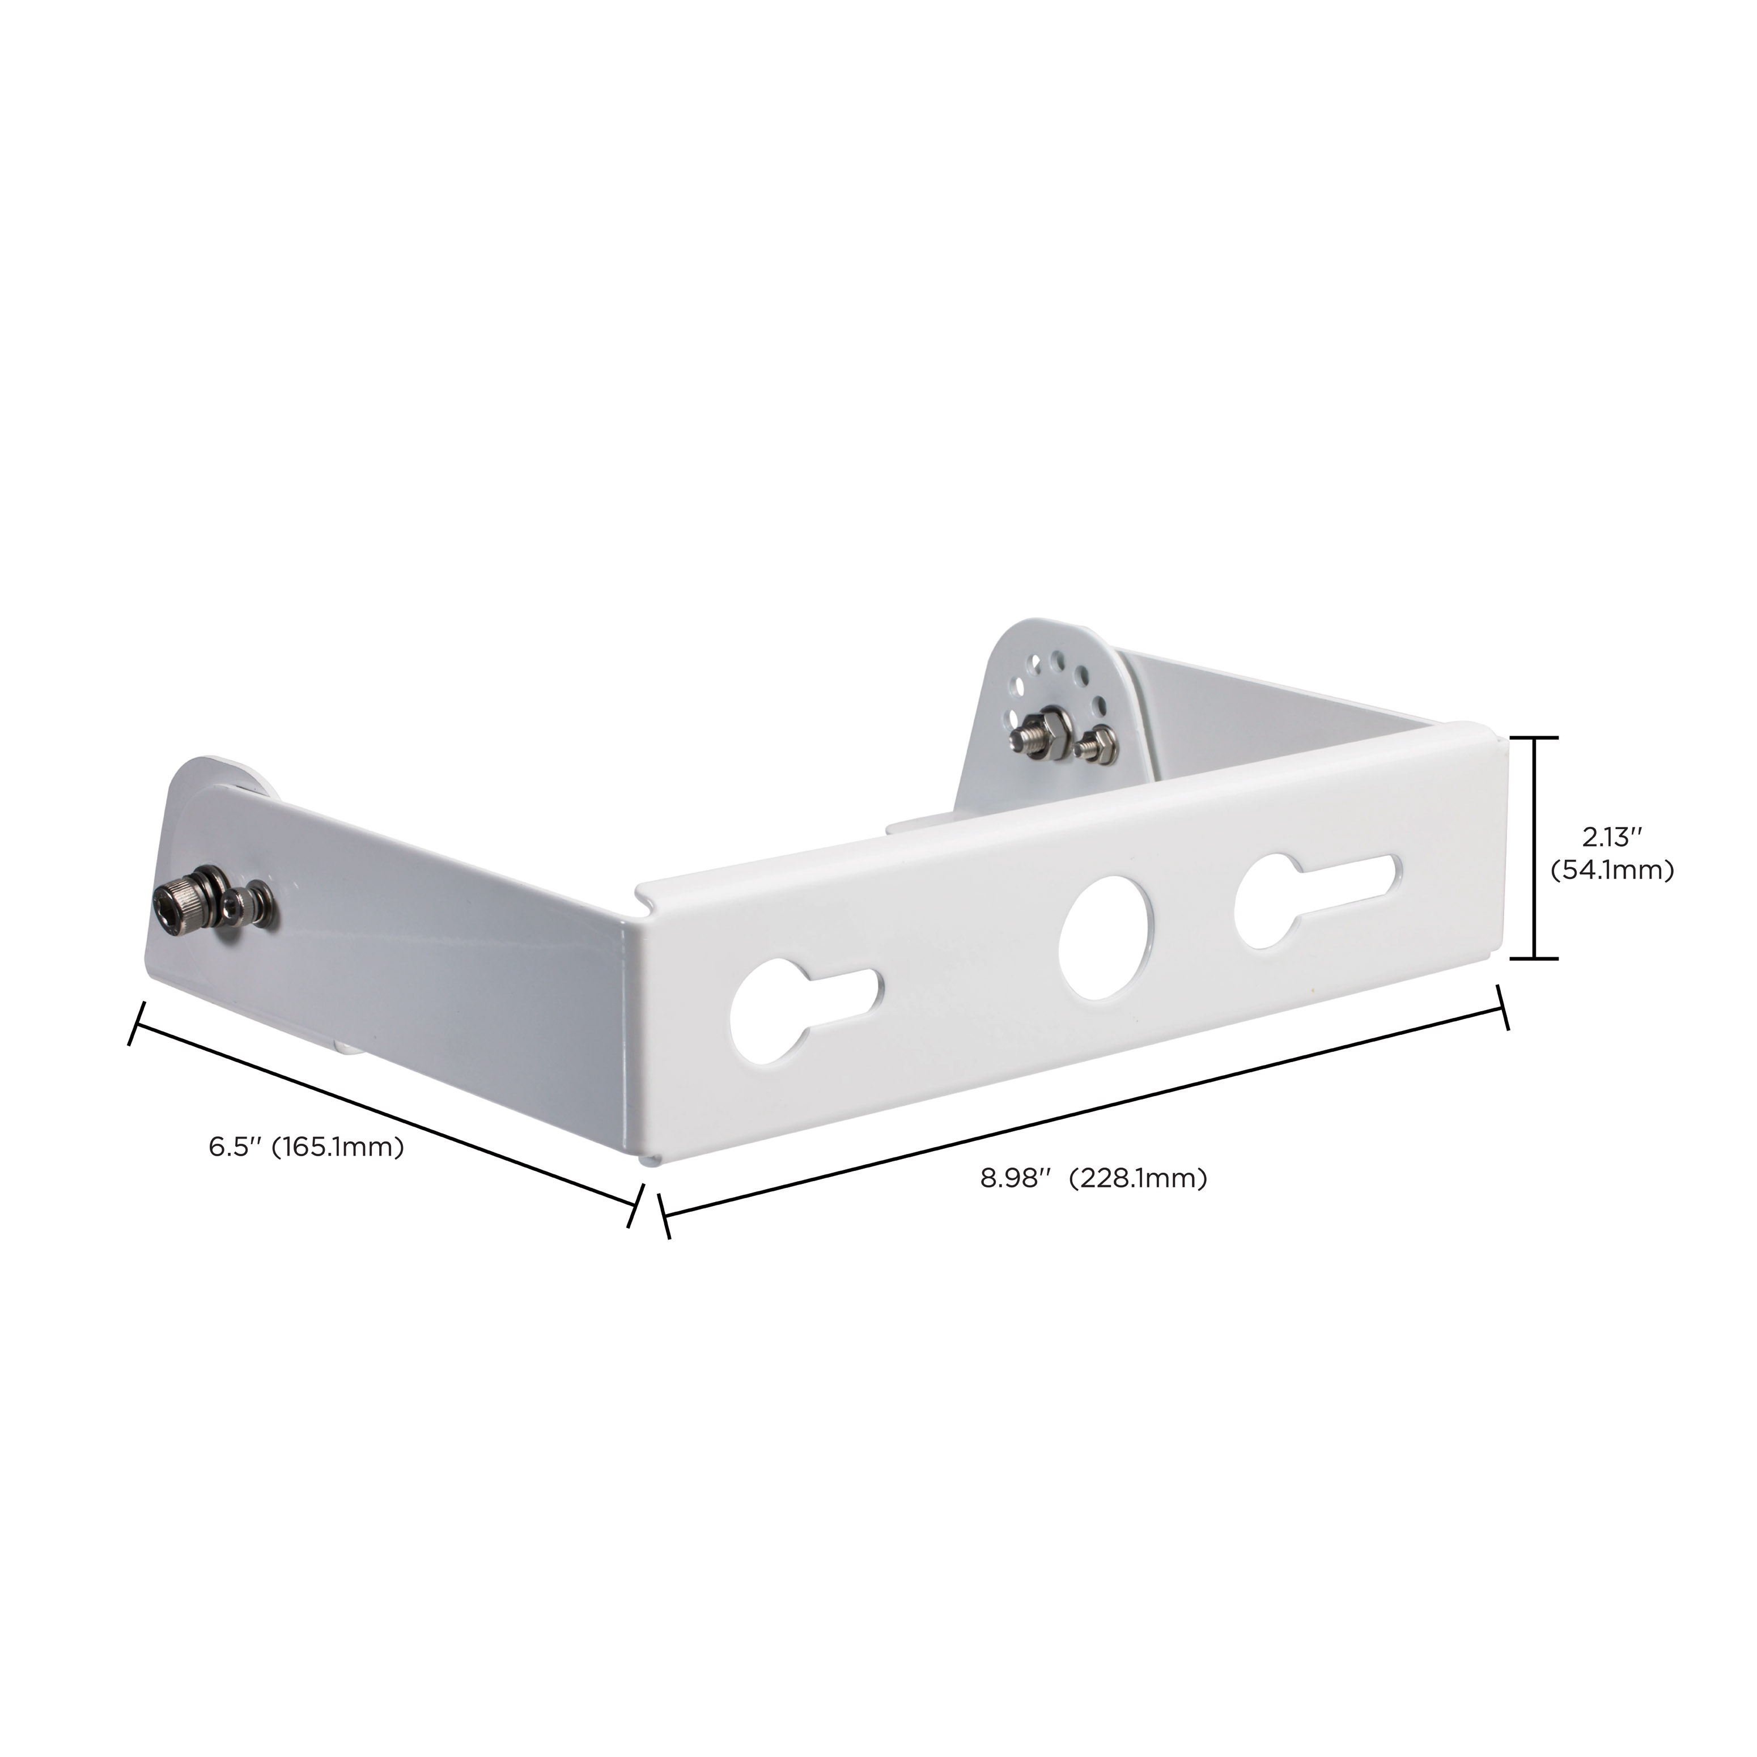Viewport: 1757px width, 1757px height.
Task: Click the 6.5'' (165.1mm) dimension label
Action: coord(307,1147)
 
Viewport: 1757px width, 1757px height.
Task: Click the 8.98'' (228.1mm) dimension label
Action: coord(1093,1179)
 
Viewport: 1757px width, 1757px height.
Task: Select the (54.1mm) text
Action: coord(1611,871)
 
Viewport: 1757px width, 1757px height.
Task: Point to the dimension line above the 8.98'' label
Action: coord(1082,1111)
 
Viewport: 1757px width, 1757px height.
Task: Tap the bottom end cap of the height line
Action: coord(1535,958)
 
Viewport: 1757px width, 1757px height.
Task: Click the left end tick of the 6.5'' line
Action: coord(137,1023)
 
